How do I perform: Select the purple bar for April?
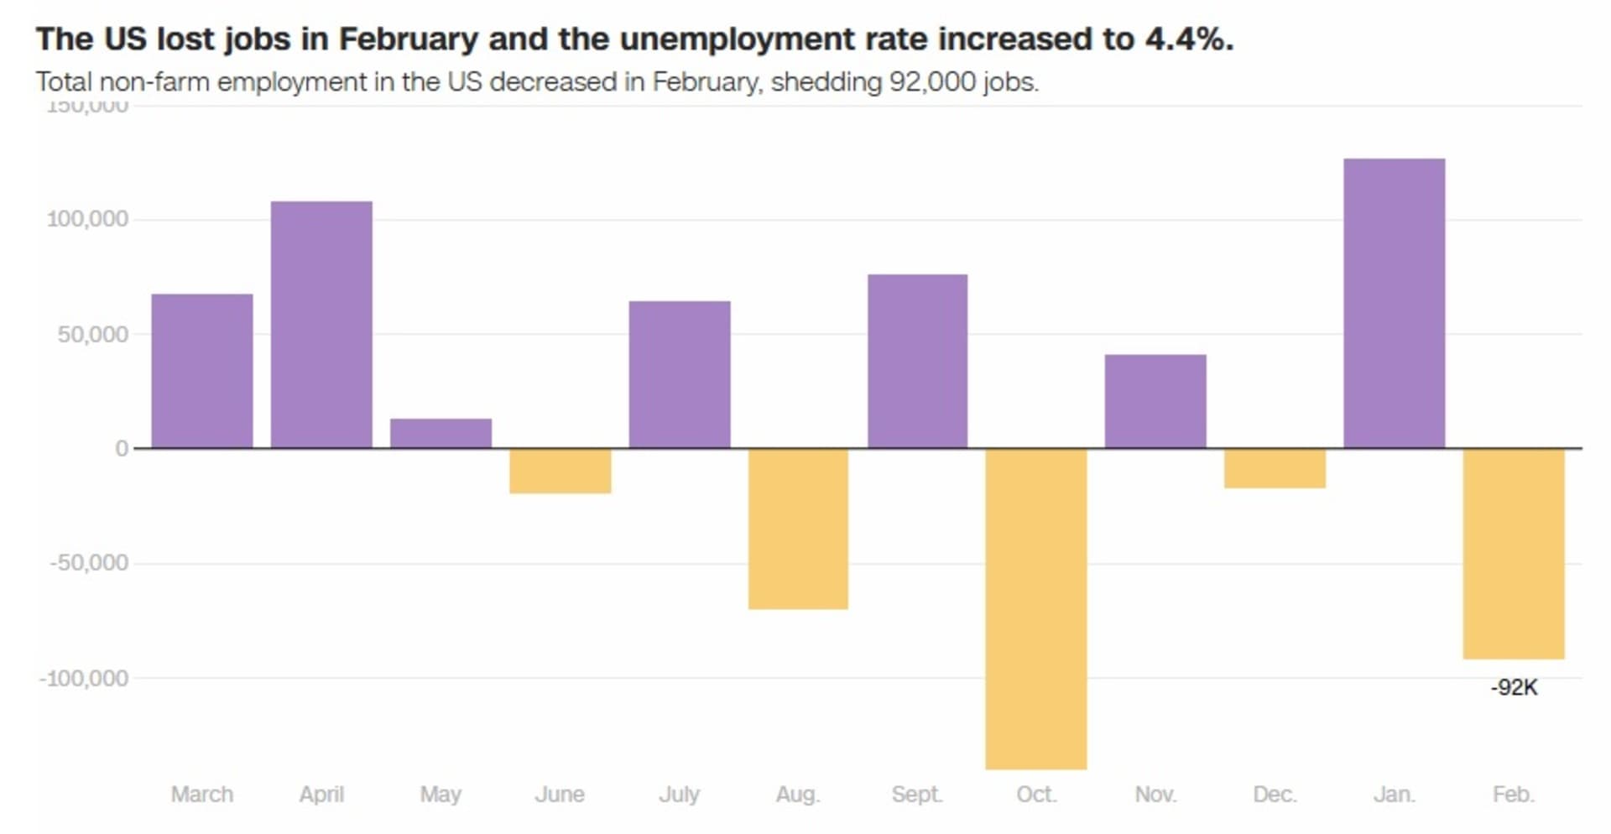(x=321, y=325)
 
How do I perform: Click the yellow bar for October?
(x=1036, y=608)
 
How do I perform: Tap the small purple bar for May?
(x=441, y=433)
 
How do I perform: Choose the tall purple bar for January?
(x=1394, y=303)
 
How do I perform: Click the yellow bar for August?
(x=798, y=529)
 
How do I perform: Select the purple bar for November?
(x=1155, y=401)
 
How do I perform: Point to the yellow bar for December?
(x=1275, y=468)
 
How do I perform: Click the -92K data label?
(x=1514, y=688)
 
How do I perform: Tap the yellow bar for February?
(x=1514, y=554)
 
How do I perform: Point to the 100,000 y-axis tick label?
(x=87, y=219)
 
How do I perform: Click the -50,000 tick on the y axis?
(x=89, y=562)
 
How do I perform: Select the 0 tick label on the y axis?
(x=122, y=449)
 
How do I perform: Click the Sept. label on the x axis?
(x=917, y=794)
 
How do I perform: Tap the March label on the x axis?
(x=202, y=794)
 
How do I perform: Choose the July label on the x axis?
(x=679, y=794)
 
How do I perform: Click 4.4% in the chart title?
(x=1189, y=39)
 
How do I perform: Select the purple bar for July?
(x=679, y=374)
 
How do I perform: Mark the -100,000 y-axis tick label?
(x=84, y=678)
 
